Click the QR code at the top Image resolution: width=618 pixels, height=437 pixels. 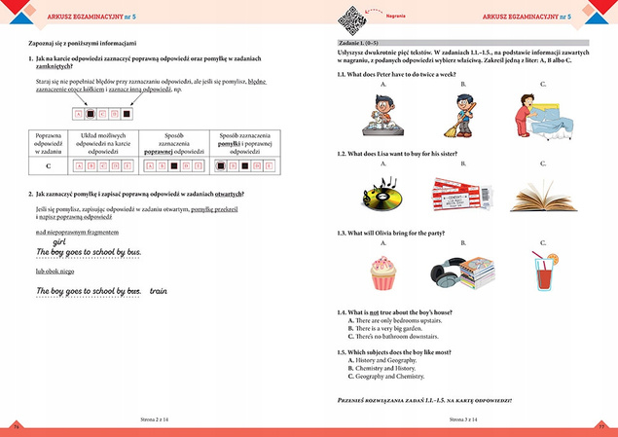(348, 17)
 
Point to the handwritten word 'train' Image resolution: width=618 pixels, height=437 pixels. (159, 290)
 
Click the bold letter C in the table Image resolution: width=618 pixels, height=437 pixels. (49, 164)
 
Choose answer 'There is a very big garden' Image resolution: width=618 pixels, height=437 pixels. (389, 328)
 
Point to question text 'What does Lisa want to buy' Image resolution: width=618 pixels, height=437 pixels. (400, 154)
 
